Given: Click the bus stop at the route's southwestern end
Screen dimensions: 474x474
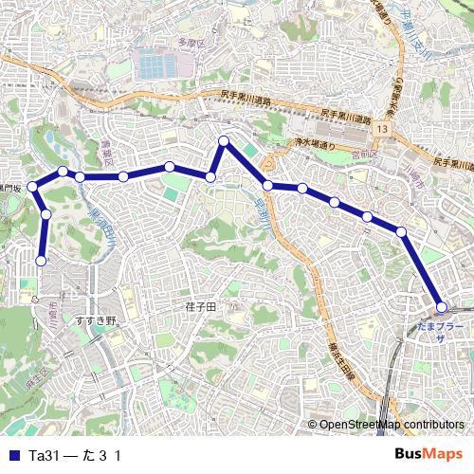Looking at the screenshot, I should tap(42, 261).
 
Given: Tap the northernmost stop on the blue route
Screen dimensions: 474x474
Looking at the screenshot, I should tap(225, 141).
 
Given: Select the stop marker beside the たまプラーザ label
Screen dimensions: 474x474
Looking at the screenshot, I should tap(441, 306).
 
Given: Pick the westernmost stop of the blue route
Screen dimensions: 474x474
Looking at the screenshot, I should tap(31, 186).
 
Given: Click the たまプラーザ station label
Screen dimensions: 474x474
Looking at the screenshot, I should tap(441, 331).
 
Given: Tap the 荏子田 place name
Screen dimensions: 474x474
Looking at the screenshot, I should tap(200, 308).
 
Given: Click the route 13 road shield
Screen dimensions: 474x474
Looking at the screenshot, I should tap(382, 127).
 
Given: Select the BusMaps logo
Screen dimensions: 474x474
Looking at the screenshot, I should tap(428, 455).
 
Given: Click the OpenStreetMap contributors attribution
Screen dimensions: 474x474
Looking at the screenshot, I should tap(392, 425).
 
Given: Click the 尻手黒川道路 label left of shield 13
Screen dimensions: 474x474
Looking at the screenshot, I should tap(246, 98).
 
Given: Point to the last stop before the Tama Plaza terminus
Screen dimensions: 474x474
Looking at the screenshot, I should tap(401, 231).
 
